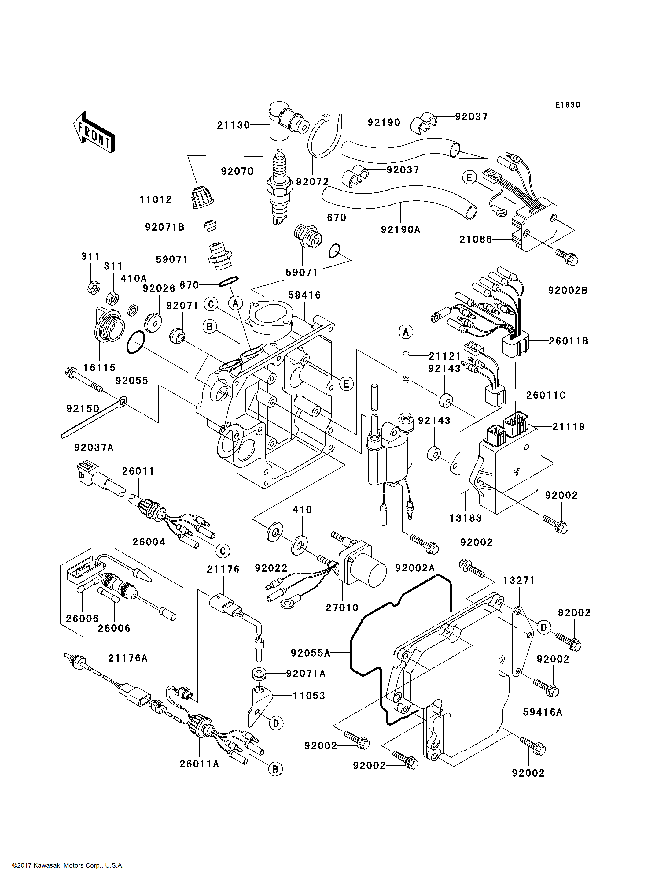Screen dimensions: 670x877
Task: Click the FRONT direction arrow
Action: pos(94,132)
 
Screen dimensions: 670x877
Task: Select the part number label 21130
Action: pos(233,125)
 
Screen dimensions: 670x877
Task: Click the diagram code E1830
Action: pos(568,105)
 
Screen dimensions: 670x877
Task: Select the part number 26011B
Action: pos(568,341)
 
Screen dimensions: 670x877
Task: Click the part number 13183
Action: pos(466,518)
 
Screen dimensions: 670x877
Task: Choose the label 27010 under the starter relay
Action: pos(342,608)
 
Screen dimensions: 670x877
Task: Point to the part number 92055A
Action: pos(310,653)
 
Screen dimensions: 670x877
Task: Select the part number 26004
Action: pos(149,542)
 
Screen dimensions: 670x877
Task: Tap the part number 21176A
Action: pos(128,658)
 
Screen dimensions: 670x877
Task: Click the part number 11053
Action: pos(309,696)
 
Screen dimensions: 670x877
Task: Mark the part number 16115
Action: pos(99,368)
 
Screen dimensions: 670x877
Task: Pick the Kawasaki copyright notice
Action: pos(68,865)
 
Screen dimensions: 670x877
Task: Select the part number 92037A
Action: pos(94,448)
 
